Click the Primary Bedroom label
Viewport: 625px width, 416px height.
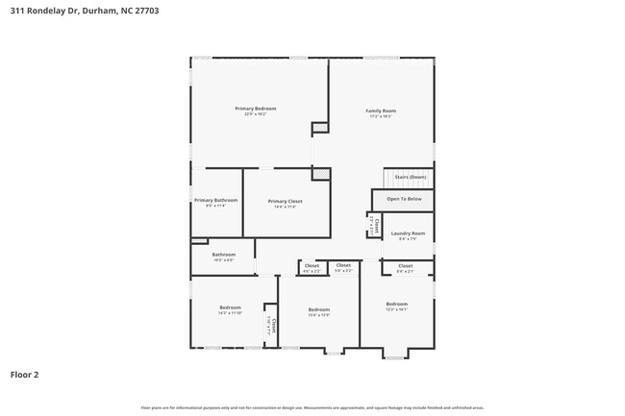tap(255, 109)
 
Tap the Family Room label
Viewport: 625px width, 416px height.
tap(381, 111)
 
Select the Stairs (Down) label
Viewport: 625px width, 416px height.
tap(410, 177)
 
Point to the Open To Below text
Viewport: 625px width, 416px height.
tap(404, 199)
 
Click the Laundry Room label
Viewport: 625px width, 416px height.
tap(408, 233)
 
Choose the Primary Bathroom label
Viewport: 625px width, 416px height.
tap(215, 201)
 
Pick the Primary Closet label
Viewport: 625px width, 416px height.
tap(286, 202)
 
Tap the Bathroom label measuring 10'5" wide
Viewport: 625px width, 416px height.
tap(223, 255)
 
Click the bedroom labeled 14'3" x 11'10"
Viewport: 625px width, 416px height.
tap(229, 308)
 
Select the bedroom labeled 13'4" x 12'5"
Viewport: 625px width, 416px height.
tap(318, 310)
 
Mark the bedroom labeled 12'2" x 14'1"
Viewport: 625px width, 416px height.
tap(396, 305)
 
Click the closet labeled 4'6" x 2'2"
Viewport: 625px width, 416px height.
tap(312, 266)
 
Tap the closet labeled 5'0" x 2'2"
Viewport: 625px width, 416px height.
tap(343, 265)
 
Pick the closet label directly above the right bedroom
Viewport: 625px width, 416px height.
tap(405, 266)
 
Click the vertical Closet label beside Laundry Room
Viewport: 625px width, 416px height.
tap(376, 227)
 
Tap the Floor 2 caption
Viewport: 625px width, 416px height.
tap(24, 374)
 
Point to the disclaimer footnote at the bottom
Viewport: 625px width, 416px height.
tap(312, 407)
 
